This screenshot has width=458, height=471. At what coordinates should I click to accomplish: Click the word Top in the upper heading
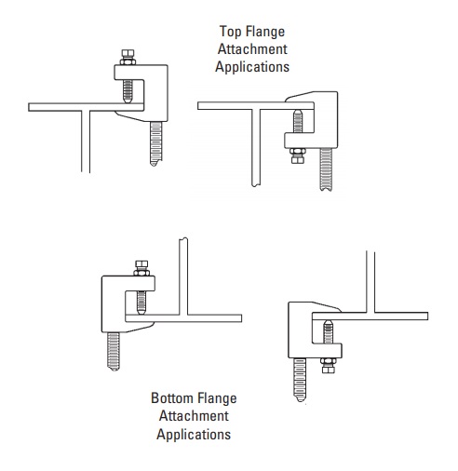(x=230, y=32)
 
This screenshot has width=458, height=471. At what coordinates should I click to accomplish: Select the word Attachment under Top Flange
(x=252, y=49)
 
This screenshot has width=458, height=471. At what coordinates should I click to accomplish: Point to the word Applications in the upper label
(x=252, y=67)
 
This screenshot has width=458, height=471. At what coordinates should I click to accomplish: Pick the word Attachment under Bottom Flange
(x=194, y=416)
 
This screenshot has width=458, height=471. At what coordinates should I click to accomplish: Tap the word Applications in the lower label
(x=194, y=434)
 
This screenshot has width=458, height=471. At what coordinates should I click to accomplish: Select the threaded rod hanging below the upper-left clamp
(x=155, y=143)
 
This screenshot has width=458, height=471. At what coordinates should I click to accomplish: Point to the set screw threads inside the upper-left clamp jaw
(x=128, y=91)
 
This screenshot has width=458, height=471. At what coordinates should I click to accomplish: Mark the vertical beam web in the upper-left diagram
(x=86, y=141)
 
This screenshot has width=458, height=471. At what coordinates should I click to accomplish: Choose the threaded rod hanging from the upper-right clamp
(x=327, y=169)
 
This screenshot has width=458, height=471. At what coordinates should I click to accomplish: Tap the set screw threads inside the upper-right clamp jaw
(x=298, y=121)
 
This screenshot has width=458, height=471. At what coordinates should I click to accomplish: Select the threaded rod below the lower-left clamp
(x=114, y=352)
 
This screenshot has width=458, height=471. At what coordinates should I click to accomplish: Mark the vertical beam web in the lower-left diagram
(x=183, y=276)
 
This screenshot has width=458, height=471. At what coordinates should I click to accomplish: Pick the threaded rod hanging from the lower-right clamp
(x=300, y=380)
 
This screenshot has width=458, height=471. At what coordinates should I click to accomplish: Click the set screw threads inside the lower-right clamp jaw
(x=328, y=332)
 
